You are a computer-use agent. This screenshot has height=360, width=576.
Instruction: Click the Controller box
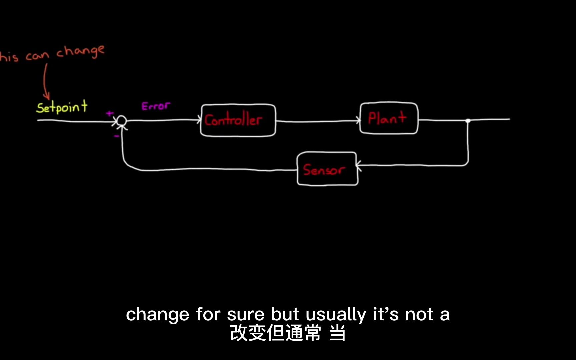pyautogui.click(x=238, y=120)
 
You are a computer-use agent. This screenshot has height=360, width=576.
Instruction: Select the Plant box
pyautogui.click(x=389, y=118)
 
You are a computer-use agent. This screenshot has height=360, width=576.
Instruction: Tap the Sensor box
pyautogui.click(x=327, y=169)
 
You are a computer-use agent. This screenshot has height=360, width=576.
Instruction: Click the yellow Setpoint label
pyautogui.click(x=62, y=107)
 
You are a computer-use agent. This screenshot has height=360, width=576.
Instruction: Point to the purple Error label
pyautogui.click(x=156, y=106)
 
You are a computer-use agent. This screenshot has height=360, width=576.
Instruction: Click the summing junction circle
pyautogui.click(x=122, y=120)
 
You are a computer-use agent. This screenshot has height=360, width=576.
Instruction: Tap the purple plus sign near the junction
pyautogui.click(x=109, y=114)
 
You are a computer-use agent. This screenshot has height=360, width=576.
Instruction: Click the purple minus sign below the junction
pyautogui.click(x=116, y=136)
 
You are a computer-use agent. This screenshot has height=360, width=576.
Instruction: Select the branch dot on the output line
pyautogui.click(x=468, y=121)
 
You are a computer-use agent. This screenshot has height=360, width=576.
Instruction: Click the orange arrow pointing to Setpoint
pyautogui.click(x=45, y=83)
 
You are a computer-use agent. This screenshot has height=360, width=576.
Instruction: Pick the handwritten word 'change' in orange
pyautogui.click(x=80, y=52)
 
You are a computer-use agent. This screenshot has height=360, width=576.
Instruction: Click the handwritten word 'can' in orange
pyautogui.click(x=37, y=56)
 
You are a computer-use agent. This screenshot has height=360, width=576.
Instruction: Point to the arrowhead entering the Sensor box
pyautogui.click(x=359, y=165)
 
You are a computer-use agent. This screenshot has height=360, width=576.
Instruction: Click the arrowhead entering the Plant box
pyautogui.click(x=358, y=120)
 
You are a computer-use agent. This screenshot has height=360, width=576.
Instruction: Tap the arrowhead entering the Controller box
pyautogui.click(x=199, y=120)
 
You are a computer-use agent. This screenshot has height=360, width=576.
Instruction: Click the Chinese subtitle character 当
pyautogui.click(x=337, y=333)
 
